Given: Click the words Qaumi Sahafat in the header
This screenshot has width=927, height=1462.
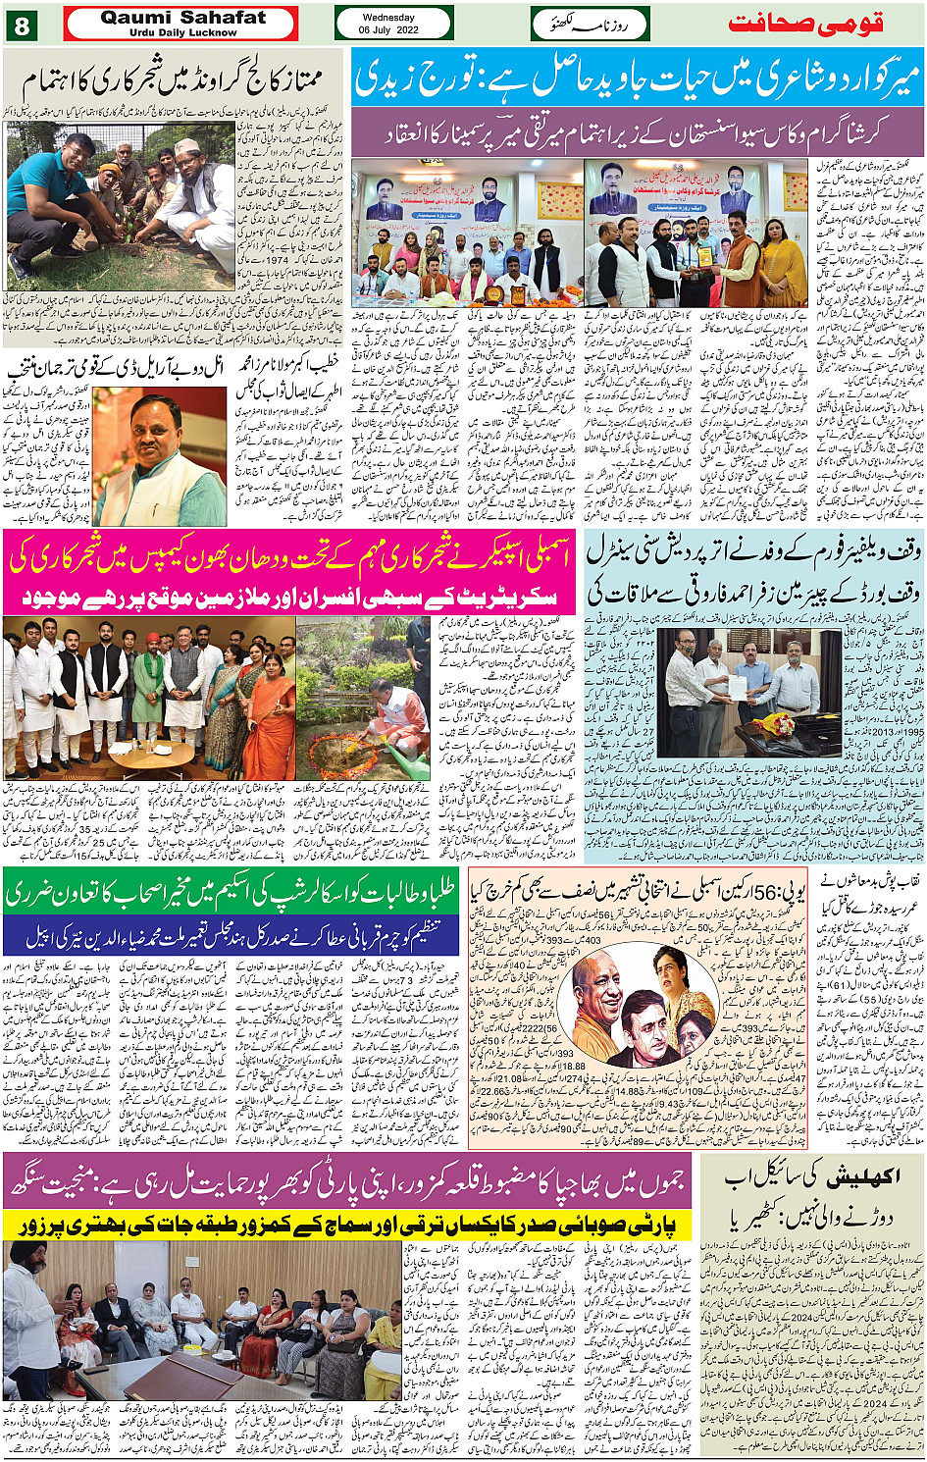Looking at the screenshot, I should click(x=182, y=18).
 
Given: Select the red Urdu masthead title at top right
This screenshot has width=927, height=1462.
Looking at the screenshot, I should click(x=805, y=24).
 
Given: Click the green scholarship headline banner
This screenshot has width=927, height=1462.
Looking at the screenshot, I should click(x=232, y=893).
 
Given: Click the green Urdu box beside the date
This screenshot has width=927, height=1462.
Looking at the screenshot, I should click(x=590, y=24).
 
